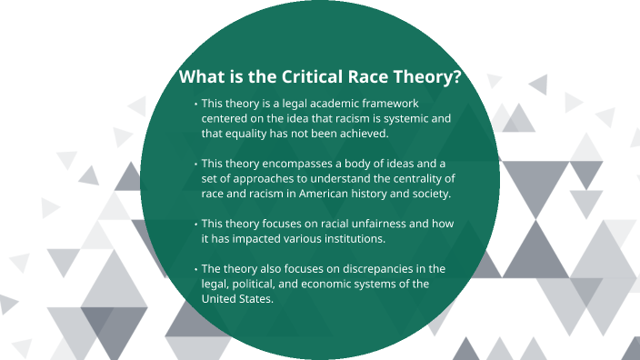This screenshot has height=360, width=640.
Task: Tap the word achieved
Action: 361,134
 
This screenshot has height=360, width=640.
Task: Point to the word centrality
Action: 416,178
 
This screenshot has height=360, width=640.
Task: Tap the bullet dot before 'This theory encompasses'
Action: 195,164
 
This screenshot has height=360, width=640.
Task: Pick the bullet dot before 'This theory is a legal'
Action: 195,105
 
